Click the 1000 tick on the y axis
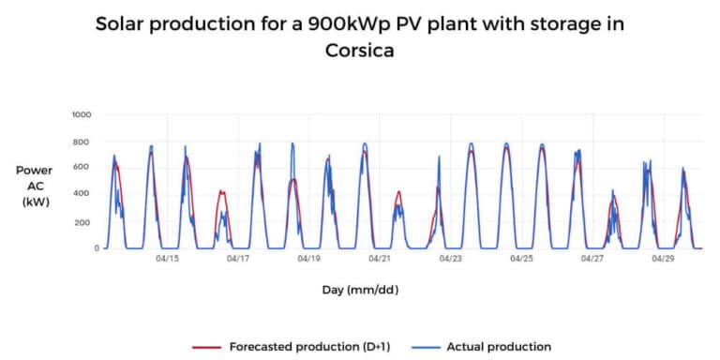[82, 114]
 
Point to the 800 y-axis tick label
[83, 142]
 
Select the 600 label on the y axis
[83, 168]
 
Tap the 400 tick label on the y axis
[83, 194]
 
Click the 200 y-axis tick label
[83, 221]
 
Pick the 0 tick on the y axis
[90, 247]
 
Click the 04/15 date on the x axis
[167, 259]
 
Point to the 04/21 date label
[380, 259]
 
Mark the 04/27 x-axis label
[592, 259]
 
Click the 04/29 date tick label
[664, 259]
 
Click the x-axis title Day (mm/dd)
[361, 290]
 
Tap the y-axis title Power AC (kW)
[34, 186]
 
